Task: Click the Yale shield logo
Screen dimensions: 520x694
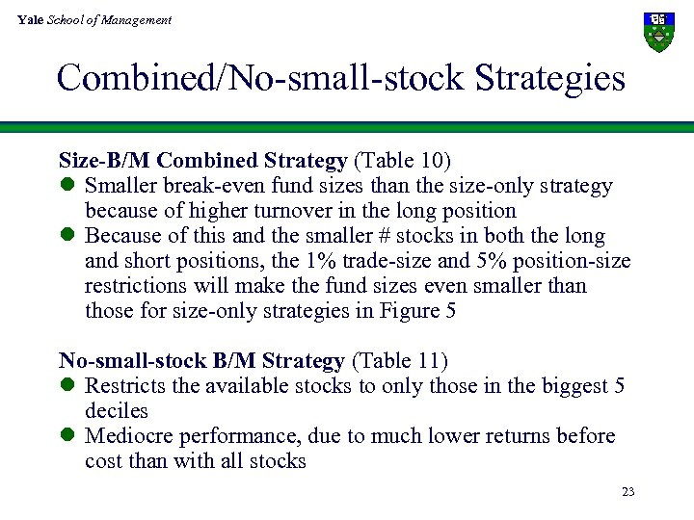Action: (x=658, y=33)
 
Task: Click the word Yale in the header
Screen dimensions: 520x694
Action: (x=30, y=20)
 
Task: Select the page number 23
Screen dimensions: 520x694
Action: (x=628, y=492)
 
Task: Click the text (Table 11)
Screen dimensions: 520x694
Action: (x=399, y=361)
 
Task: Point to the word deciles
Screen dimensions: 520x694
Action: (x=117, y=411)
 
